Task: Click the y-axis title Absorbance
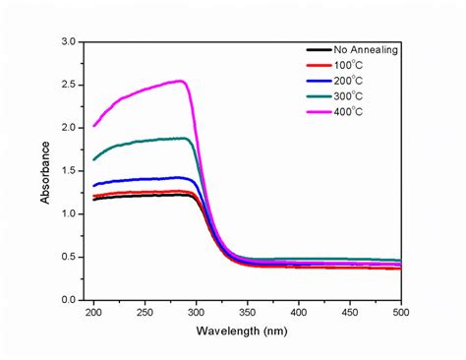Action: (46, 171)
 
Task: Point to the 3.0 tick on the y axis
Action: (68, 42)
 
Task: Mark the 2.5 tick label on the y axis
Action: (68, 86)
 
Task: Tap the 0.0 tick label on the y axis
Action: (68, 299)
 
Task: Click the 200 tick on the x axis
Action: (93, 313)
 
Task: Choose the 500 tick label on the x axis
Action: (399, 313)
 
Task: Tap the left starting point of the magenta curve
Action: (93, 126)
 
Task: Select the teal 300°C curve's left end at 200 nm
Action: (93, 159)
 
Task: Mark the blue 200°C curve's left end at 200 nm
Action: (93, 185)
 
